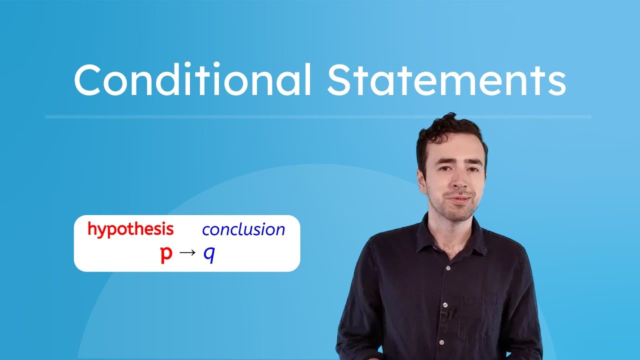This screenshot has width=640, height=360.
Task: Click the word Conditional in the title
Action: click(x=192, y=80)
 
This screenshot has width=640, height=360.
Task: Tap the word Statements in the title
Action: click(x=446, y=80)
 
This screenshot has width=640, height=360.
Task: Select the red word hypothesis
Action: click(x=130, y=229)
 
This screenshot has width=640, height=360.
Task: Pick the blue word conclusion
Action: click(x=243, y=229)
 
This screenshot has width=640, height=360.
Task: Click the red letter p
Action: click(x=166, y=254)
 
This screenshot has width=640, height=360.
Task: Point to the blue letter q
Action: click(x=209, y=254)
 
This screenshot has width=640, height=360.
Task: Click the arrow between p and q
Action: click(x=187, y=253)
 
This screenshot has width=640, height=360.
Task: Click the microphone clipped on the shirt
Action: click(x=444, y=314)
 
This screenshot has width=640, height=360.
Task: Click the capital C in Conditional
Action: click(x=88, y=80)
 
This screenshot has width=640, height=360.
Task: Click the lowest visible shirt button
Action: click(x=441, y=342)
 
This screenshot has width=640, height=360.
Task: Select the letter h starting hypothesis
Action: click(x=91, y=229)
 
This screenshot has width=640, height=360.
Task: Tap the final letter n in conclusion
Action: click(x=280, y=230)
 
